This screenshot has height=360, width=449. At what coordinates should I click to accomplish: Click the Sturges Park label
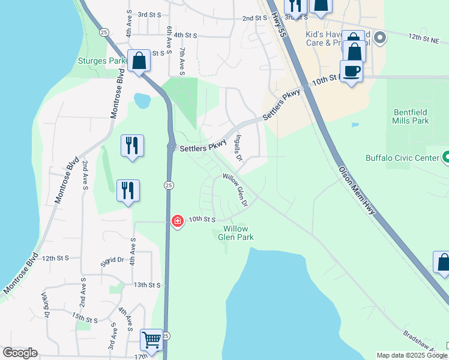click(101, 61)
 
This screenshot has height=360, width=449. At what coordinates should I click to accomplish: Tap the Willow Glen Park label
click(238, 233)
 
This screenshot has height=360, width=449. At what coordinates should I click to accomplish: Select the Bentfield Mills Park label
click(411, 116)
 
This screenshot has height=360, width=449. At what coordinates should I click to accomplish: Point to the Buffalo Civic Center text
click(402, 158)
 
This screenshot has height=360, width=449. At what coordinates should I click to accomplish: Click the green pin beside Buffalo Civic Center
click(446, 158)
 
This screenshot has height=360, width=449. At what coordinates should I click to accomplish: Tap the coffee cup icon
click(351, 71)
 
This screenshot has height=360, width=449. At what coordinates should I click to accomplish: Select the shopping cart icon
click(152, 340)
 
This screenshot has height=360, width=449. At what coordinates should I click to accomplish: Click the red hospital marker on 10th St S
click(177, 221)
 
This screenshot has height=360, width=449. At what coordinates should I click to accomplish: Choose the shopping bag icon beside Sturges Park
click(139, 61)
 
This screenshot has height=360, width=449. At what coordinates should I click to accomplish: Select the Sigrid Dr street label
click(112, 261)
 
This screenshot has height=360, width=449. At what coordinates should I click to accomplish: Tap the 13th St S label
click(148, 285)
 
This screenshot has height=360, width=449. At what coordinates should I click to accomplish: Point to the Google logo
click(20, 353)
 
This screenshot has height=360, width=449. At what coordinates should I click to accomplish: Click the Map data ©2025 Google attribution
click(412, 355)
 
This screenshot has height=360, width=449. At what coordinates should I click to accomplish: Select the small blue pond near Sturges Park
click(142, 100)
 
